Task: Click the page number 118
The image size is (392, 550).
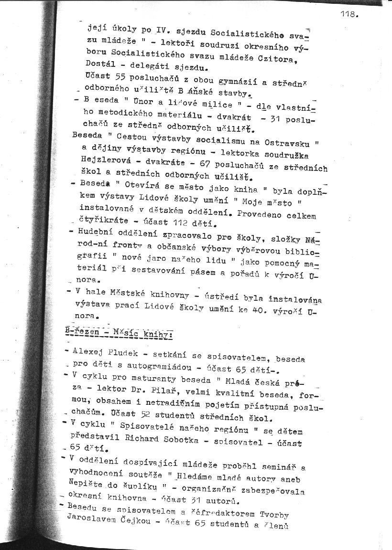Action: click(x=349, y=14)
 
